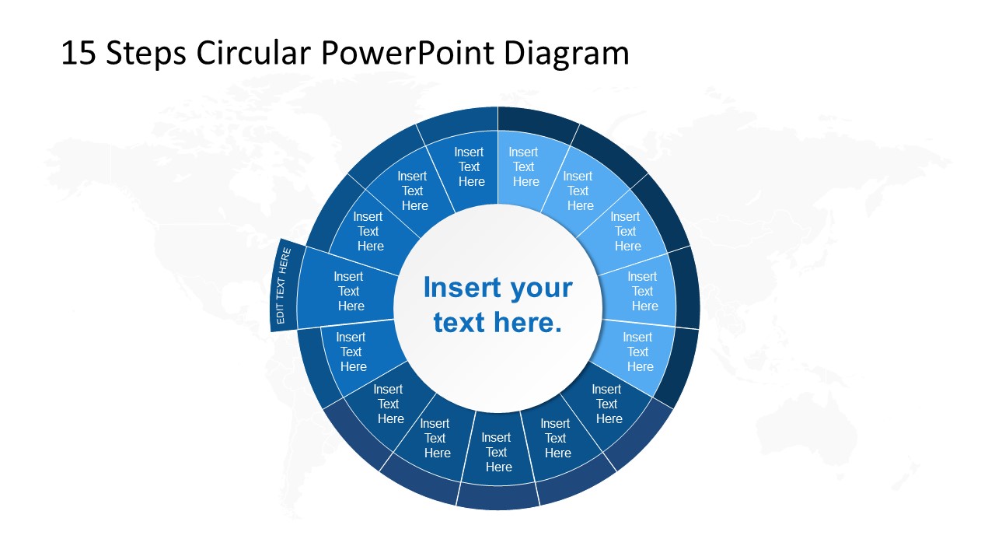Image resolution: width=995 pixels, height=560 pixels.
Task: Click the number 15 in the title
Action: (79, 54)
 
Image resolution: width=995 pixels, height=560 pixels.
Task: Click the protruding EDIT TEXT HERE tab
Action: (284, 285)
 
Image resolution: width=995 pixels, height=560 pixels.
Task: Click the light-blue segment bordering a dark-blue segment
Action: (638, 352)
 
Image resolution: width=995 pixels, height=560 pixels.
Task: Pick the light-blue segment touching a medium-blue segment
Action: (525, 167)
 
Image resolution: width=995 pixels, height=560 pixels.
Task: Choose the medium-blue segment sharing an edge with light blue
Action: (470, 167)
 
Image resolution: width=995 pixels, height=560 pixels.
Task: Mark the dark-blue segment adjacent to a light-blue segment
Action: (607, 404)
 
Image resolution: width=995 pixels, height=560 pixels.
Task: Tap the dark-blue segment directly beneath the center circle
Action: (497, 452)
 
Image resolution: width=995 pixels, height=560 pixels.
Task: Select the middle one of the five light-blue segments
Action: (626, 231)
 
